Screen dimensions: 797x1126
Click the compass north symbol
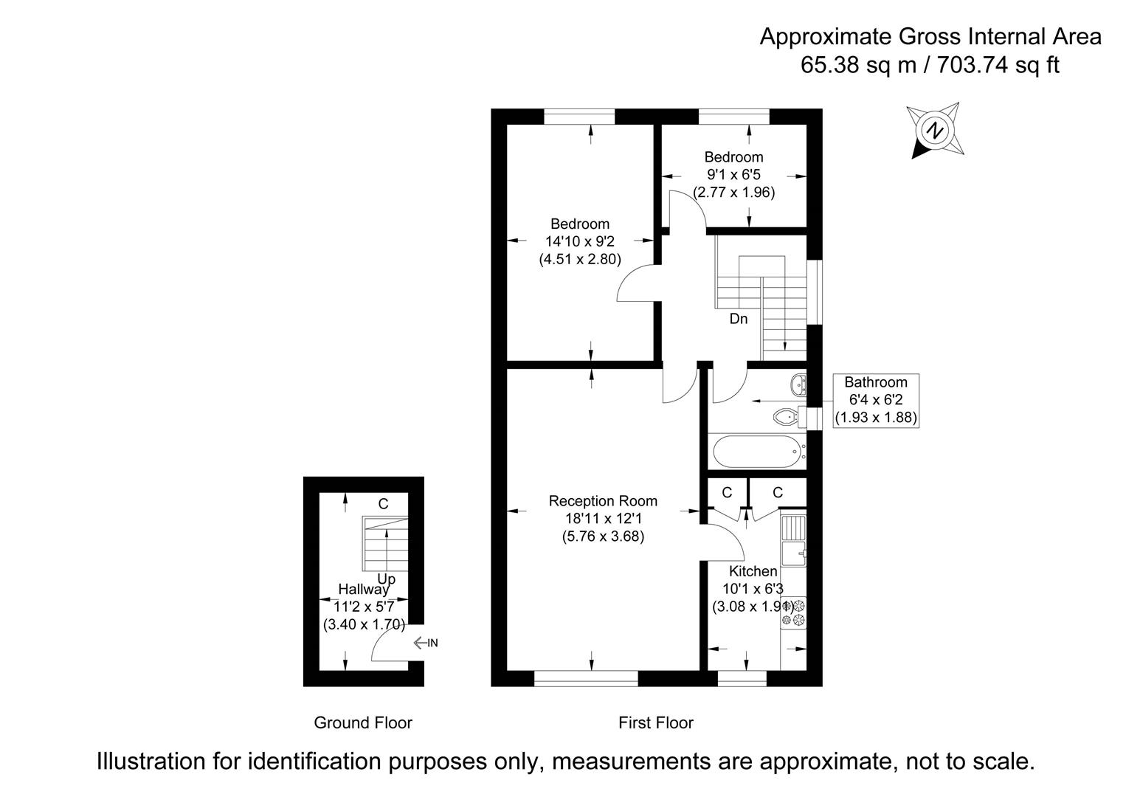pos(936,131)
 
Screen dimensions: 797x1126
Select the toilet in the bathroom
pos(787,417)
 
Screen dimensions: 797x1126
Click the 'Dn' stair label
pos(738,319)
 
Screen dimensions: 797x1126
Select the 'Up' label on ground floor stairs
pos(386,579)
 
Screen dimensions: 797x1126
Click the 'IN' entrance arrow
pos(426,643)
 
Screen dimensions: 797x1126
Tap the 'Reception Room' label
pos(603,501)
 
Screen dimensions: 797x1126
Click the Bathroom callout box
pos(875,400)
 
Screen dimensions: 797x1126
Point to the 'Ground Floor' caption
pos(363,722)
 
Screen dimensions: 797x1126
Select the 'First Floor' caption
pos(656,722)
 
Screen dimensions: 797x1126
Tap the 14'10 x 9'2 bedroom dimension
pos(580,241)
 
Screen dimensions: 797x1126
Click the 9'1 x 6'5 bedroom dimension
pos(733,175)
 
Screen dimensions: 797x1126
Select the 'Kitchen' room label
pos(753,571)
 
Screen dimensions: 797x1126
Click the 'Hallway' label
pos(363,590)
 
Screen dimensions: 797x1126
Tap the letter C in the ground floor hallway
pos(383,504)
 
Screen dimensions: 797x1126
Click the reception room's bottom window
pos(586,678)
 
